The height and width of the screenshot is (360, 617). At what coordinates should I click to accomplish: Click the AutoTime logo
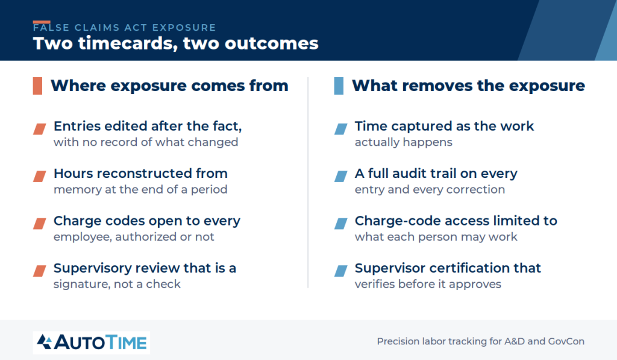click(x=92, y=343)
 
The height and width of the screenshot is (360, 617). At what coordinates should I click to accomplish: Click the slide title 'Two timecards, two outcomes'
click(x=175, y=43)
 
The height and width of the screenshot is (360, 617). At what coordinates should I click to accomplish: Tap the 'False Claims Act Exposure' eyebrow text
click(x=124, y=28)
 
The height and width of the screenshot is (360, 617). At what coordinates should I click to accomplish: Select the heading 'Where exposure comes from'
click(x=169, y=86)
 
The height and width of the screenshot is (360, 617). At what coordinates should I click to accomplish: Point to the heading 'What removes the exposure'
click(x=468, y=86)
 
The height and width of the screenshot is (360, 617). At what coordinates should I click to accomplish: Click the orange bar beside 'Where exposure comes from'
click(x=37, y=86)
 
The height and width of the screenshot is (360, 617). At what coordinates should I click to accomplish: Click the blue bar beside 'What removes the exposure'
click(x=339, y=86)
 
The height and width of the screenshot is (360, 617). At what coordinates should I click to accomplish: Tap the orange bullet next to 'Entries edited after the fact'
click(x=39, y=129)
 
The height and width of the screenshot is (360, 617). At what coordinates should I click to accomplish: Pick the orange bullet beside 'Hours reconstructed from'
click(x=39, y=176)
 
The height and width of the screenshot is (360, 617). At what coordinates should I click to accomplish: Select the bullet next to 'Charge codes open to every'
click(x=39, y=223)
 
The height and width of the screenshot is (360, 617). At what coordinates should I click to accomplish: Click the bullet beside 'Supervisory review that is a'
click(x=39, y=271)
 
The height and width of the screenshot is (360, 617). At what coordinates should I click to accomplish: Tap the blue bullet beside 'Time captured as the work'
click(x=341, y=129)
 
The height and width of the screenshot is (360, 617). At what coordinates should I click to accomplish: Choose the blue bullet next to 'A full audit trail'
click(x=341, y=176)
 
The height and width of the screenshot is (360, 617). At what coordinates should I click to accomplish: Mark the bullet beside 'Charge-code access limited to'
click(x=341, y=223)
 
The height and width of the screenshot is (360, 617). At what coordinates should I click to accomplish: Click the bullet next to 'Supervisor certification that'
click(x=341, y=271)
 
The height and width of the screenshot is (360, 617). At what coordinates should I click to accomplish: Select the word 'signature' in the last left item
click(x=81, y=285)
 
